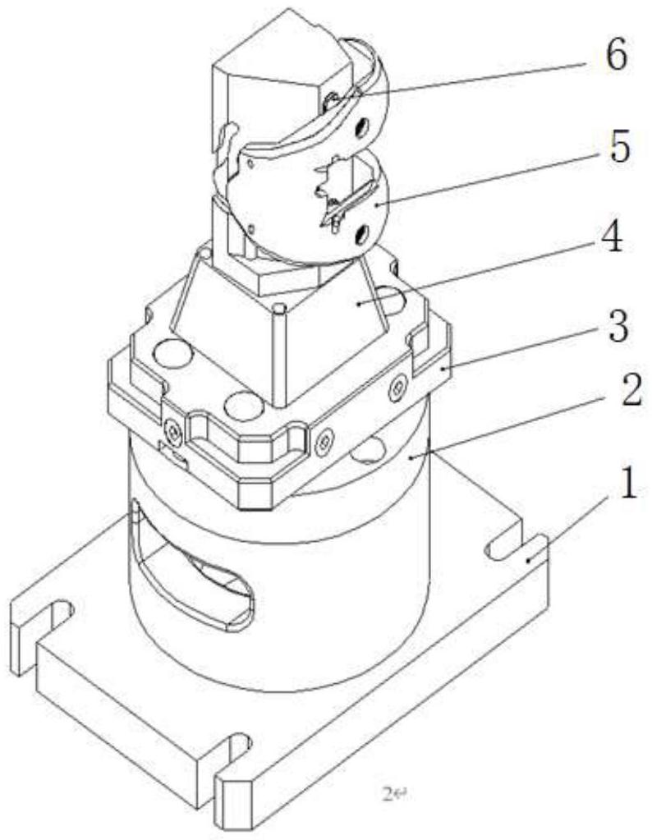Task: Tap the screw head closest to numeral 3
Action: [x=398, y=383]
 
